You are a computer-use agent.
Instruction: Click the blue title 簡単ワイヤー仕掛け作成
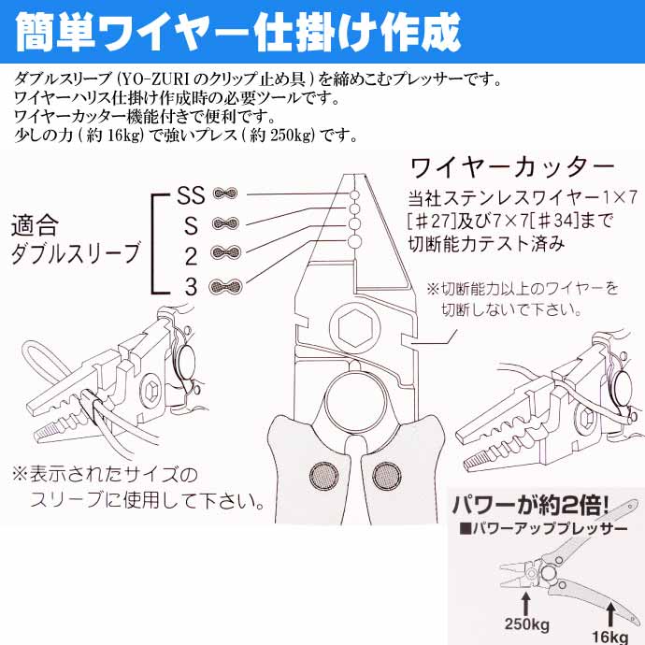(237, 33)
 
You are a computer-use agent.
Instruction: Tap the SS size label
(191, 195)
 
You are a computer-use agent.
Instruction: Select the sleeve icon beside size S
(225, 223)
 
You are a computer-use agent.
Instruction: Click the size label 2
(191, 257)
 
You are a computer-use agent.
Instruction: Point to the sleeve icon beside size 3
(225, 286)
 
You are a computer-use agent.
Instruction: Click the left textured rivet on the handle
(323, 476)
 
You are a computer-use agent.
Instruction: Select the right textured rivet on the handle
(387, 476)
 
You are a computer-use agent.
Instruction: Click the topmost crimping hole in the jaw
(354, 195)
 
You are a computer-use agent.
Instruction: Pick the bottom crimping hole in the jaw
(354, 241)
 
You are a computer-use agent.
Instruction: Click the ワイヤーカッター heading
(512, 167)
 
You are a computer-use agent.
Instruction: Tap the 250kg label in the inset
(526, 624)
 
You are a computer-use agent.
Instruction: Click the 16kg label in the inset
(610, 637)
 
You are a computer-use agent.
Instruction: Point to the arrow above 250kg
(526, 603)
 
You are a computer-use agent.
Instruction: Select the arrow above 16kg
(610, 614)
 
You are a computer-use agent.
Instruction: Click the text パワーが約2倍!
(531, 505)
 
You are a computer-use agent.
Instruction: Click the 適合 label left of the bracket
(35, 225)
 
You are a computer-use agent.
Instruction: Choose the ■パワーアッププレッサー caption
(543, 528)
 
